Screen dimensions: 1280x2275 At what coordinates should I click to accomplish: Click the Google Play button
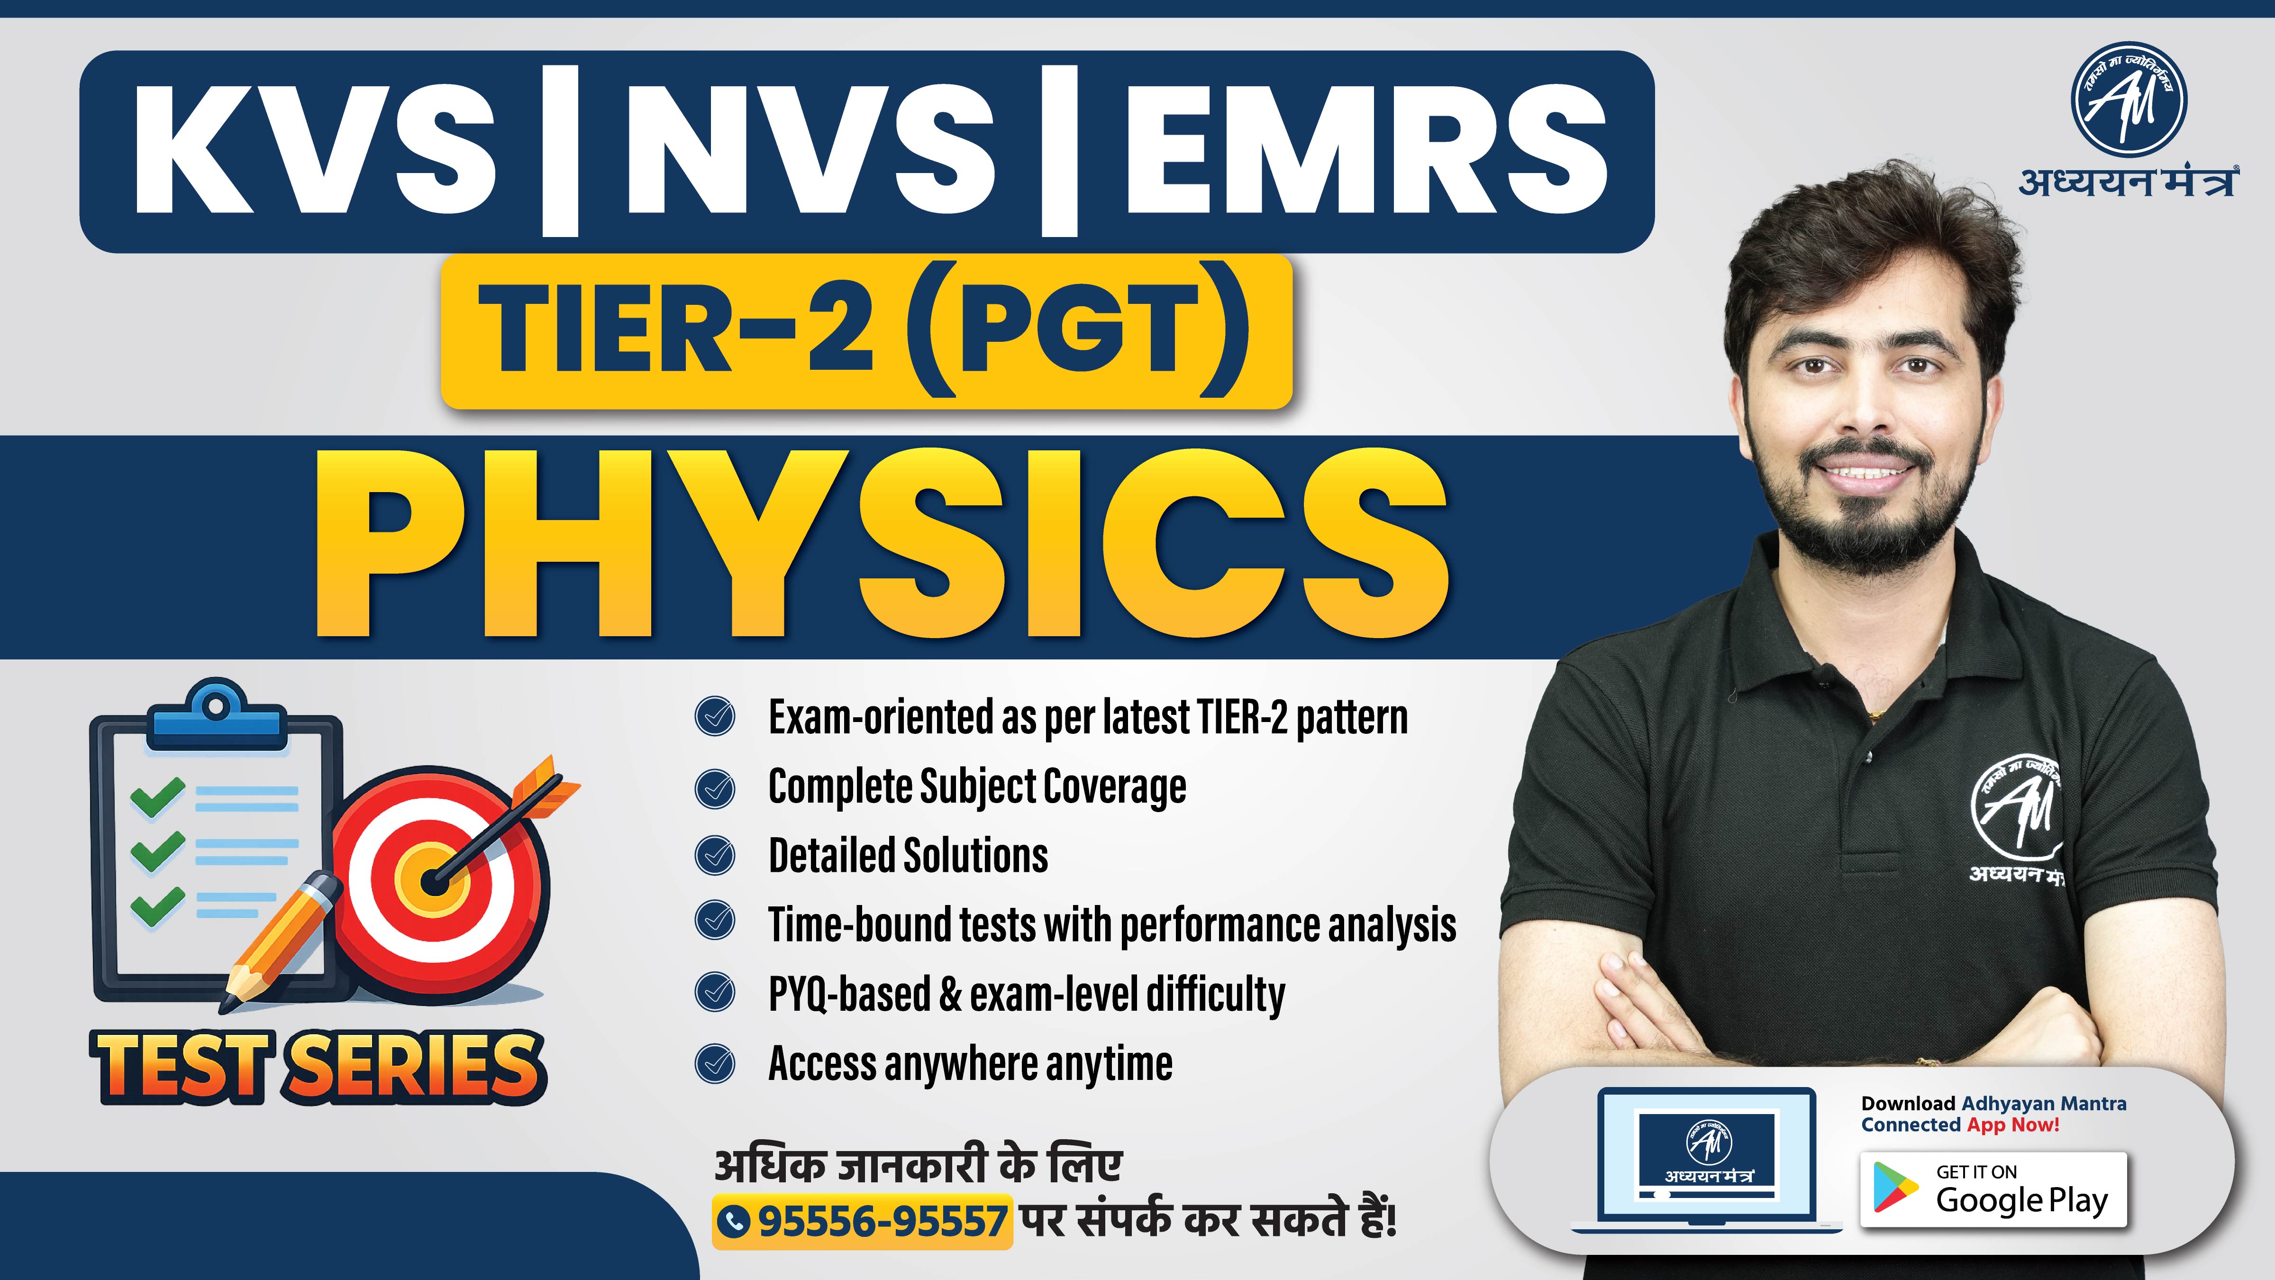[1993, 1190]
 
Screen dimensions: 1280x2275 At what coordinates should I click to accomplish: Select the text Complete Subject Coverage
[977, 786]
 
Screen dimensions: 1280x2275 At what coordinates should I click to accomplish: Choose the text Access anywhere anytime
[970, 1063]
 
